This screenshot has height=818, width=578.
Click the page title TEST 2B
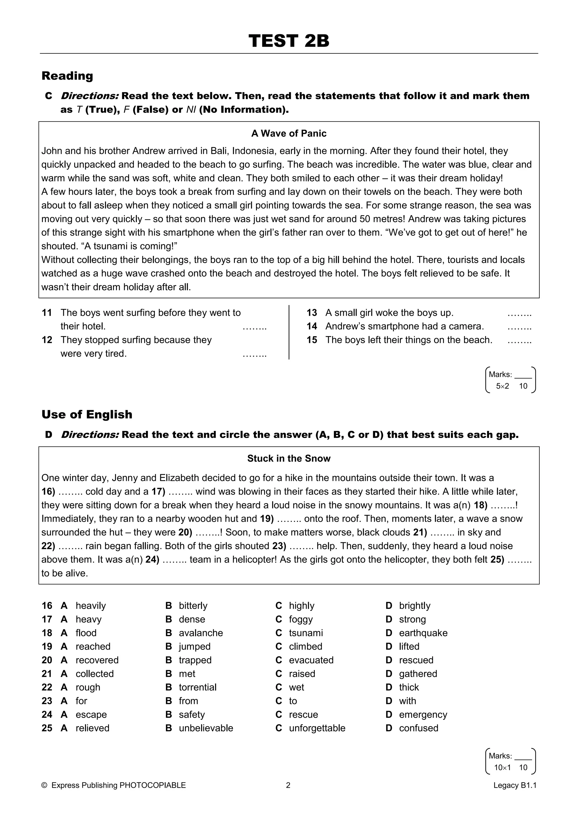point(289,41)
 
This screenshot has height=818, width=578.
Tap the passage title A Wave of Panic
point(289,133)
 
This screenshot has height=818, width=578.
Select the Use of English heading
point(87,414)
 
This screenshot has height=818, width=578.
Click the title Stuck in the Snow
point(289,458)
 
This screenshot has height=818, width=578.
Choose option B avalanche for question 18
point(201,633)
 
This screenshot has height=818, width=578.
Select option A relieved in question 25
point(92,728)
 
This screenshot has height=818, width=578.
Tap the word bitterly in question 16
point(193,606)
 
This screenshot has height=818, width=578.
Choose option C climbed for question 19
point(305,647)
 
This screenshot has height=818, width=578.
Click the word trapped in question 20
point(195,660)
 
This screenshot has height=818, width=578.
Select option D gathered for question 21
point(418,674)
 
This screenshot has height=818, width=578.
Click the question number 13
point(312,313)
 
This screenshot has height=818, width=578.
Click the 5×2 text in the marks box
point(502,386)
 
